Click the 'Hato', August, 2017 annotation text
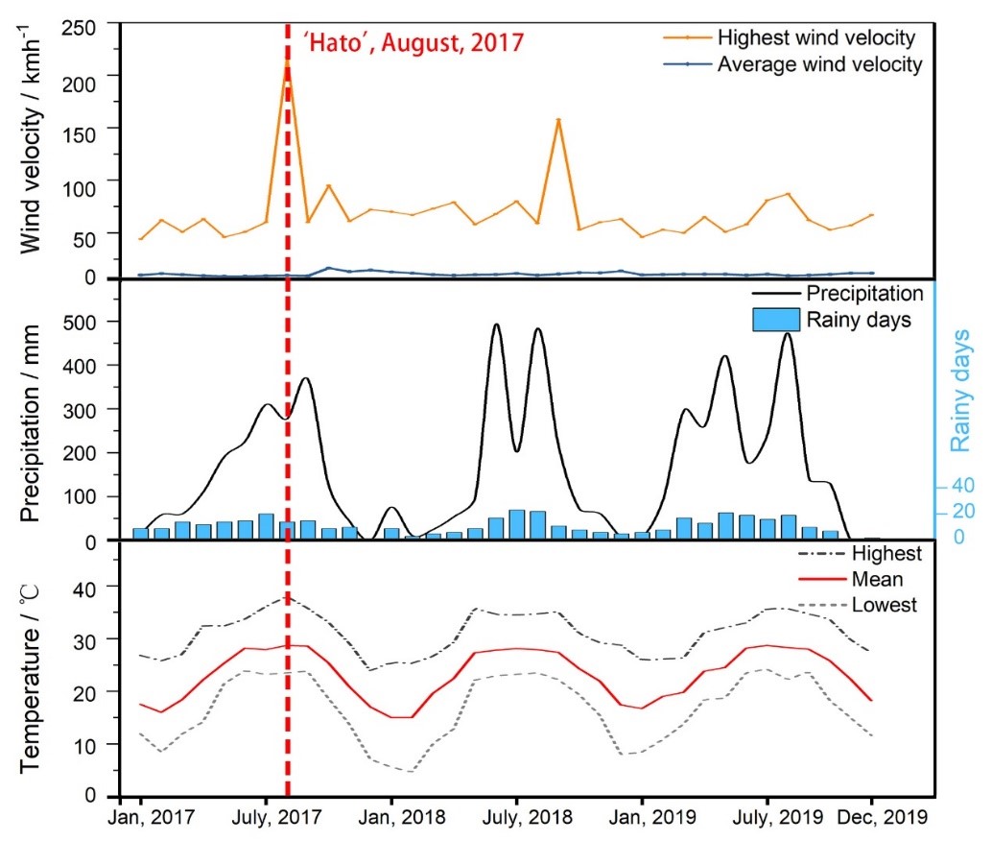[413, 43]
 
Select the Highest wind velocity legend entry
[815, 38]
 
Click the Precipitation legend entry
[864, 293]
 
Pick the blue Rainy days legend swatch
[771, 320]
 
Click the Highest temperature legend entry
[885, 554]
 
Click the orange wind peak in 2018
[558, 120]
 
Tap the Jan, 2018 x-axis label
[390, 818]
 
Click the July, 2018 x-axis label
[516, 818]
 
